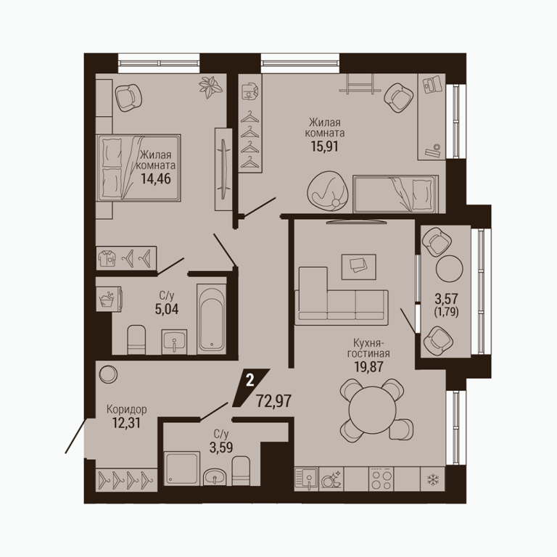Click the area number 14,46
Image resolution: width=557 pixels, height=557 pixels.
coord(156,178)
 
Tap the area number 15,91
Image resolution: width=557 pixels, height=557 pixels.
coord(325,146)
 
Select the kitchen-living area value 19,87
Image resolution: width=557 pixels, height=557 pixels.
coord(368,366)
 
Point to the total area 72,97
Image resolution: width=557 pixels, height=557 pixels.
coord(274,401)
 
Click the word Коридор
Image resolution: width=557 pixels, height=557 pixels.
coord(127,410)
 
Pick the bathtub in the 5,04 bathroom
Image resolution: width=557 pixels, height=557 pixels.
coord(211,319)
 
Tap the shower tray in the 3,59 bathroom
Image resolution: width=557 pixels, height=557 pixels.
coord(181,468)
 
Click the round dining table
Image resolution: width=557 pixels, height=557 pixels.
coord(372,408)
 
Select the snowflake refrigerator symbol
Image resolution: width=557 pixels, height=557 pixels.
coord(433,480)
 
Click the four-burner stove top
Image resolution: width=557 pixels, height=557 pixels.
coord(381,479)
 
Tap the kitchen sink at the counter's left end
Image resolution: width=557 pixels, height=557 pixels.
coord(307,479)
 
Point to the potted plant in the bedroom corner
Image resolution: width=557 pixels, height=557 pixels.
coord(210,86)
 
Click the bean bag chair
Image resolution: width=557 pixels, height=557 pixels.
coord(328,192)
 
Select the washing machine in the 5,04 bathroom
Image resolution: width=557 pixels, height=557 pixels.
coord(110,300)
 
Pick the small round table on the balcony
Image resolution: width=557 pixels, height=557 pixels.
coord(449,269)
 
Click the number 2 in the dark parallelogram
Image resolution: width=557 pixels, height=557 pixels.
coord(250,381)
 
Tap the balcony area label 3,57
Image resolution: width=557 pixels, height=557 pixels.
coord(446,298)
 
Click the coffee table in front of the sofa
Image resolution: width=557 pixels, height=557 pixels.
coord(358,267)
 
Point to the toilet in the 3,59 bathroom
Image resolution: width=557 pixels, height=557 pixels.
coord(241,471)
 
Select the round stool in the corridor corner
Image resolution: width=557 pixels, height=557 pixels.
coord(108,374)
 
